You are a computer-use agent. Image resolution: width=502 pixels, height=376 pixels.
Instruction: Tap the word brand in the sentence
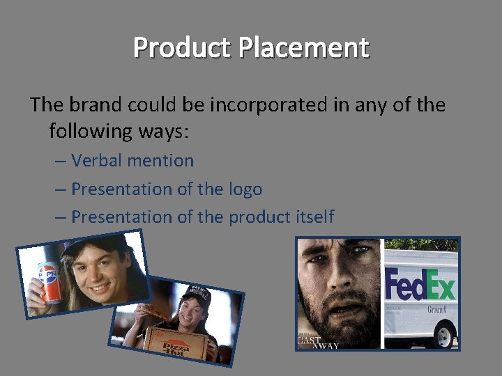pyautogui.click(x=98, y=104)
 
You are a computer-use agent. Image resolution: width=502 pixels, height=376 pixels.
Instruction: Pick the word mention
pyautogui.click(x=161, y=160)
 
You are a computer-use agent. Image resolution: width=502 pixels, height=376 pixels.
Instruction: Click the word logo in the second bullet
pyautogui.click(x=245, y=189)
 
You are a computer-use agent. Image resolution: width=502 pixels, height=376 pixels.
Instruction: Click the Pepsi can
pyautogui.click(x=48, y=282)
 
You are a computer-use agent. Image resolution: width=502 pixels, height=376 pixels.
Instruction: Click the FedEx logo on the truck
pyautogui.click(x=421, y=286)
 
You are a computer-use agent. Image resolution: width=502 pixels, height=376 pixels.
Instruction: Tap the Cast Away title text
pyautogui.click(x=313, y=342)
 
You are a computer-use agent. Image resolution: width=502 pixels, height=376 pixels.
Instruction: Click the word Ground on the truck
pyautogui.click(x=436, y=309)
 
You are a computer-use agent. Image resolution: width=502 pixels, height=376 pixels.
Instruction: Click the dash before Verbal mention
pyautogui.click(x=61, y=161)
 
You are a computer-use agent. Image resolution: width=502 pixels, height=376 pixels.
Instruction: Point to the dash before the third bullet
pyautogui.click(x=61, y=217)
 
